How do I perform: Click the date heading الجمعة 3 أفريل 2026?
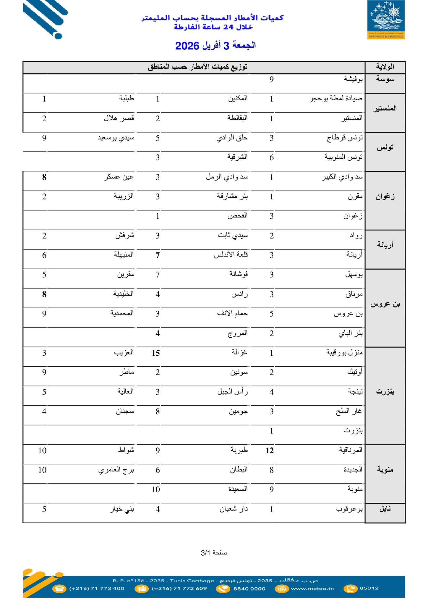tap(215, 46)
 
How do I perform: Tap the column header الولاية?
tap(385, 67)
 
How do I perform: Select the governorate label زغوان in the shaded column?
tap(385, 197)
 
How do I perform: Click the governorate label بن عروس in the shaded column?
tap(385, 304)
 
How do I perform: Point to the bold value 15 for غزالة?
tap(156, 353)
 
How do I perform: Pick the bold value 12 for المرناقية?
tap(270, 451)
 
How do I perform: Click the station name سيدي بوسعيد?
tap(116, 138)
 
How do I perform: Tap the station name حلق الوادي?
tap(232, 138)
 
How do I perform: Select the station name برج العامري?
tap(116, 470)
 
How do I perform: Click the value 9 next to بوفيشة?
tap(272, 79)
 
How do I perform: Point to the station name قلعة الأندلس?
tap(231, 255)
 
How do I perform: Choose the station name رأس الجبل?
tap(233, 392)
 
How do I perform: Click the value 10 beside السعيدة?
tap(156, 490)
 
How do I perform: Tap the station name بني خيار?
tap(122, 509)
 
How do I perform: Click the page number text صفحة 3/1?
tap(214, 552)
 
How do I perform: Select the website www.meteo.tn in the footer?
tap(312, 588)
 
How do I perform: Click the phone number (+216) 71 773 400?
tap(97, 588)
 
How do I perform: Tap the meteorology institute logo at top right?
tap(386, 20)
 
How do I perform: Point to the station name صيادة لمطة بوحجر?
tap(336, 99)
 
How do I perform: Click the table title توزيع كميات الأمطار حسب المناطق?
tap(198, 67)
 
